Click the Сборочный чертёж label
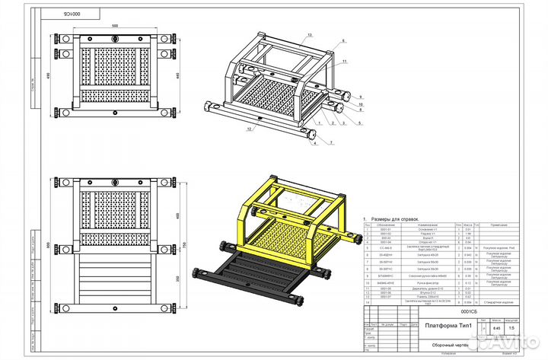pos(447,343)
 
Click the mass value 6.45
pos(496,328)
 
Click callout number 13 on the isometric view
pos(311,36)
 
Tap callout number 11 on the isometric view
pos(344,60)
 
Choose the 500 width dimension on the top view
pos(115,25)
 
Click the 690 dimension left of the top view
pos(50,78)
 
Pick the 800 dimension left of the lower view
pos(50,245)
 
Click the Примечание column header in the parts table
pos(499,225)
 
